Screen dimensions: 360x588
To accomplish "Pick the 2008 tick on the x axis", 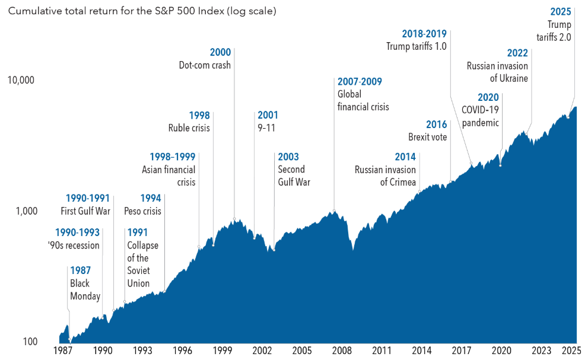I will point(342,351).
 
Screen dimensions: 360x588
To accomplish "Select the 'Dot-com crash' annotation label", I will point(205,65).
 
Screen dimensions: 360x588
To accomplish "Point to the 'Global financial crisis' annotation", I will point(363,101).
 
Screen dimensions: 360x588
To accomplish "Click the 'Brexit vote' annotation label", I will point(427,138).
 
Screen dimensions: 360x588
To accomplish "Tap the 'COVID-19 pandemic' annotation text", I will point(480,117).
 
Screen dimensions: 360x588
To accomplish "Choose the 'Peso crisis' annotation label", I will point(142,211).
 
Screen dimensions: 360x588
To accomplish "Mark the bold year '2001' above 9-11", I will point(267,115).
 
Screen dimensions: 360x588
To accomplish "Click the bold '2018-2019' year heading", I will point(424,34).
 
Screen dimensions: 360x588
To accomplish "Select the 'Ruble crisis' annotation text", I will point(189,128).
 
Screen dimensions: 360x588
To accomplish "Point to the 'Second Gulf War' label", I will point(294,176).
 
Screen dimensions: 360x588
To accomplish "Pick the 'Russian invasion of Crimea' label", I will point(386,176).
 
